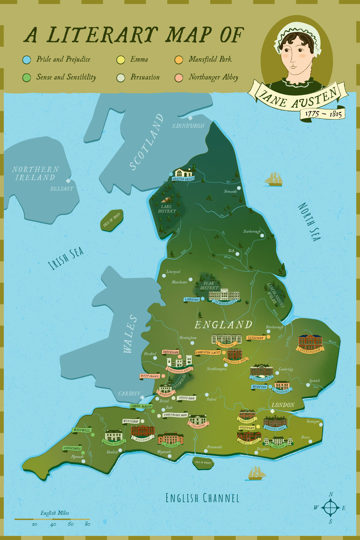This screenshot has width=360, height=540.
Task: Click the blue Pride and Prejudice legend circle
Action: tap(26, 60)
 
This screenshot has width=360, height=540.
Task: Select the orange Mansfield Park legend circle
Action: tap(179, 60)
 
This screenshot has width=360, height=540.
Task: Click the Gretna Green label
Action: tap(183, 179)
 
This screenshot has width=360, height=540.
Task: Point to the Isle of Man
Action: tap(111, 220)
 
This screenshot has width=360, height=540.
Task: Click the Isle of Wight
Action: tap(203, 462)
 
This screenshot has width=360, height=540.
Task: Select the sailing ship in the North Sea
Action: tap(274, 179)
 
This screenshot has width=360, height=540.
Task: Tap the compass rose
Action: tap(330, 507)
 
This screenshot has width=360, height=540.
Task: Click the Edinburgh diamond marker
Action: tap(190, 118)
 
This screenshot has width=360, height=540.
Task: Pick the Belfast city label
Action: tap(62, 189)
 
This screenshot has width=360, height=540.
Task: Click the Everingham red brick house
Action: tap(310, 342)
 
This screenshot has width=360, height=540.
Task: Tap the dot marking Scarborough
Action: tap(262, 236)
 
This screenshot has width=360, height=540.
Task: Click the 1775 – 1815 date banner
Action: tap(323, 114)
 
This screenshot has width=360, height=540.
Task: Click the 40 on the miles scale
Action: tap(53, 524)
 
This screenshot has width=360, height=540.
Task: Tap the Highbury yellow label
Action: tap(247, 428)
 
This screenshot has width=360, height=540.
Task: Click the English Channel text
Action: tap(202, 498)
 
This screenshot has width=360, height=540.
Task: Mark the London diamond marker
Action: tap(272, 411)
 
